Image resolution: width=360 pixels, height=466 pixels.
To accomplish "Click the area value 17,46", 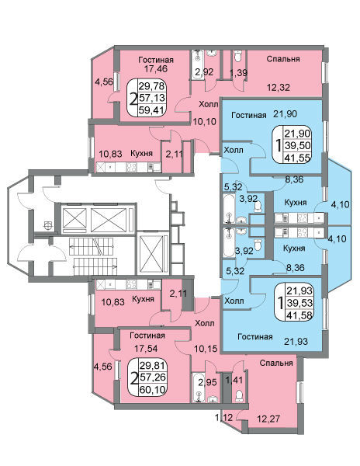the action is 156,69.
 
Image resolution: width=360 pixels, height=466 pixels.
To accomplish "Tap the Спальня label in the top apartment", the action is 283,59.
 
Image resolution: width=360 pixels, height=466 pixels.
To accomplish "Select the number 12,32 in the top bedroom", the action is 278,87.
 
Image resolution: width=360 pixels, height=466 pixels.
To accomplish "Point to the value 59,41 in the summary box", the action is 151,110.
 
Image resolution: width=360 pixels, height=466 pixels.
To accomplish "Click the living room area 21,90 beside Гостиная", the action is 285,113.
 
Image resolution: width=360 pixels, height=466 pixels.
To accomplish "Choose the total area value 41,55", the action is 298,157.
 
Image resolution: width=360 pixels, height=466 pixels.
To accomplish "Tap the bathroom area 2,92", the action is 204,71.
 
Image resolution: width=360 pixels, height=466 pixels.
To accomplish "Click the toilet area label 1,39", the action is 239,72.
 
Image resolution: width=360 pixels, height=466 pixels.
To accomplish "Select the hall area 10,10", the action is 205,121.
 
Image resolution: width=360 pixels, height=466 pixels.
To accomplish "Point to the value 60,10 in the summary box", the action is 152,389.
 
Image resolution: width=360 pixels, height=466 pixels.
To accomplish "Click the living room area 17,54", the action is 146,348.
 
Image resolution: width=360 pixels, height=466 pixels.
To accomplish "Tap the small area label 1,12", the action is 223,418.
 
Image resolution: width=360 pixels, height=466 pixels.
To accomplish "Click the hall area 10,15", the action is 206,348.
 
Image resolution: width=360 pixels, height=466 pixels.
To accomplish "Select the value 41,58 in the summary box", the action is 299,315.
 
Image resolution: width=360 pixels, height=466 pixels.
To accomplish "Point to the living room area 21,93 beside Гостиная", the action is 296,341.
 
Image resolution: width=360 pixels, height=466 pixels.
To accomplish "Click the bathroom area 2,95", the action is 207,381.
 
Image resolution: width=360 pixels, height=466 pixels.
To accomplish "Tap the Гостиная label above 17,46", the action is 156,60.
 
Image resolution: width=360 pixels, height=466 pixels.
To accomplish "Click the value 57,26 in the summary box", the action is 152,377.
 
